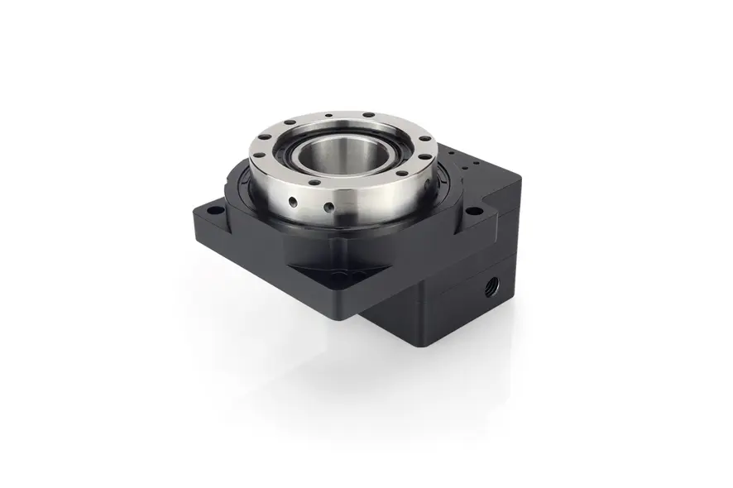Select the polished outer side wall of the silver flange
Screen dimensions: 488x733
(x=364, y=203)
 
